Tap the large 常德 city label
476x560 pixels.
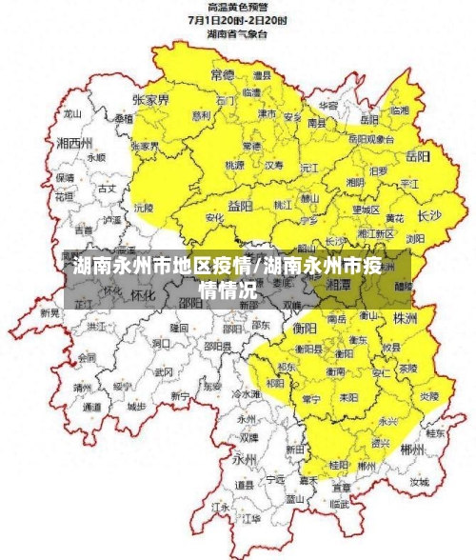click(224, 73)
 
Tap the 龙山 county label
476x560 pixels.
click(72, 112)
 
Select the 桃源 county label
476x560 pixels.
click(234, 165)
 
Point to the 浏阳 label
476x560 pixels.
click(416, 240)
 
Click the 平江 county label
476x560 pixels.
click(409, 183)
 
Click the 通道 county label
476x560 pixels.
click(91, 407)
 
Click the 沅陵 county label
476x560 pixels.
click(144, 205)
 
